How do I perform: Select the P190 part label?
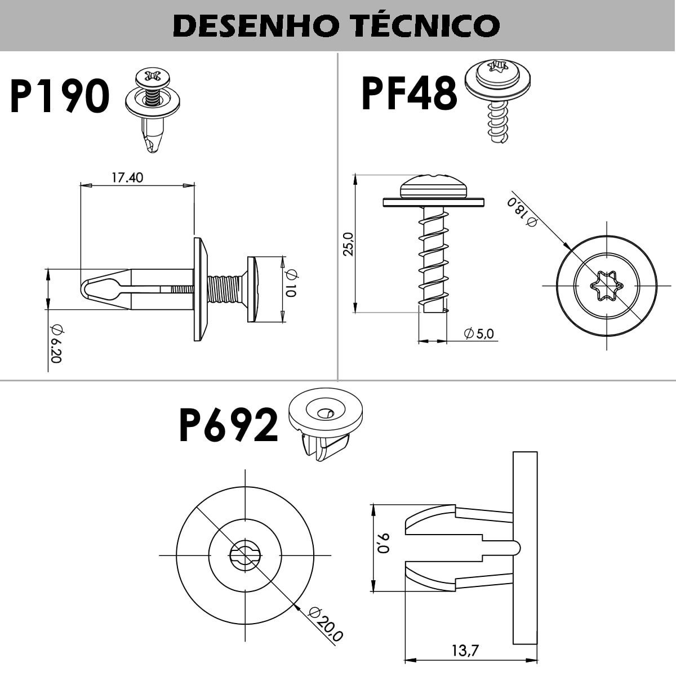(59, 96)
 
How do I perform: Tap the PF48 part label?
(408, 94)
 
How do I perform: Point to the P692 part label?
(228, 425)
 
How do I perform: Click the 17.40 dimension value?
(127, 177)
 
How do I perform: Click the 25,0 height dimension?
(349, 244)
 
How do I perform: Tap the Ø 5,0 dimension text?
(479, 333)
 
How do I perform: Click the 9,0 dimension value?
(384, 544)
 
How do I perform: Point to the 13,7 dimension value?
(465, 651)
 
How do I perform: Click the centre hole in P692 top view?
(245, 555)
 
